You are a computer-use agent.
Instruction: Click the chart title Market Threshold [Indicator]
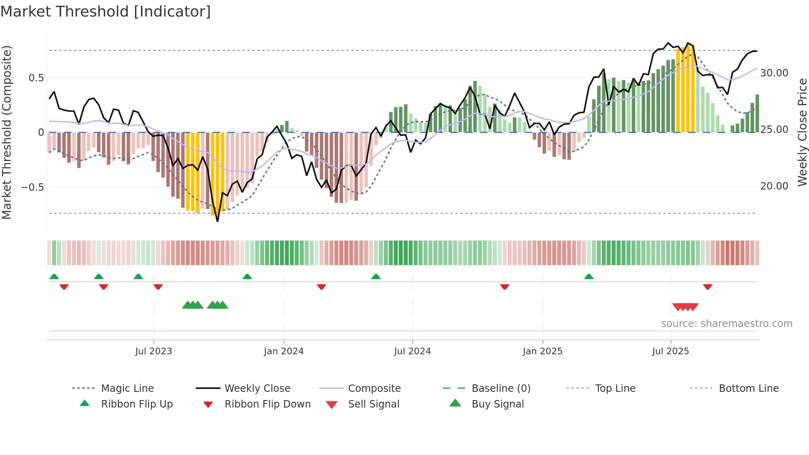[106, 12]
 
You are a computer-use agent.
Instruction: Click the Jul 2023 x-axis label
[154, 351]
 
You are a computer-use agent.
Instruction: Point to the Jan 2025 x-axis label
[542, 351]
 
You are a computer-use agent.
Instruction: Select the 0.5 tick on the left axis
[36, 78]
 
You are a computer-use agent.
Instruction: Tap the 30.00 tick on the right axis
[774, 73]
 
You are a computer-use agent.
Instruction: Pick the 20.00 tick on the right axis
[774, 186]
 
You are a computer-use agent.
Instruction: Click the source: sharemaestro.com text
[726, 324]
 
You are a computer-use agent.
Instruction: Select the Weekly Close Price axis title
[802, 132]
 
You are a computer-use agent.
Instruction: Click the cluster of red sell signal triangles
[685, 307]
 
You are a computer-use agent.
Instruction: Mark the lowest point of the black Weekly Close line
[218, 221]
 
